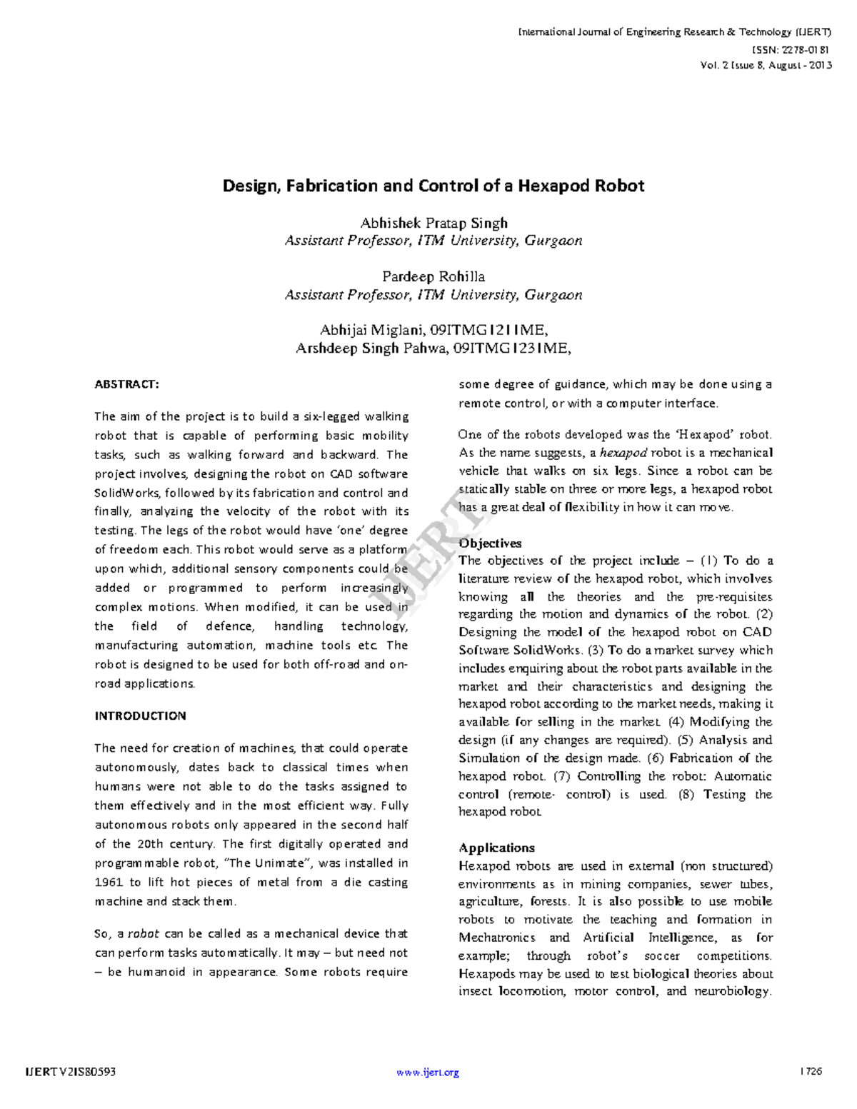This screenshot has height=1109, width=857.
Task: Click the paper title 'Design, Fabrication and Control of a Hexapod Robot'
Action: click(x=433, y=186)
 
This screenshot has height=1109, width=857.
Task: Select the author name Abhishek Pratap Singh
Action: click(x=433, y=223)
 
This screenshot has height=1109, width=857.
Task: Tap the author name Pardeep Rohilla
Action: click(x=433, y=276)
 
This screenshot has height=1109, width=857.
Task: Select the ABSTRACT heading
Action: click(x=126, y=384)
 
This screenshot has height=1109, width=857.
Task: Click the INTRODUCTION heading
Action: click(x=140, y=716)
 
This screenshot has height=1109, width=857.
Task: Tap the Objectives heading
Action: click(x=490, y=543)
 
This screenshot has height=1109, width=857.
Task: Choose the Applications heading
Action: click(x=496, y=848)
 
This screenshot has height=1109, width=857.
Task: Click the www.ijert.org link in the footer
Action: click(x=427, y=1072)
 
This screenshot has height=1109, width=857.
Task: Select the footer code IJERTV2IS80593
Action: click(x=70, y=1072)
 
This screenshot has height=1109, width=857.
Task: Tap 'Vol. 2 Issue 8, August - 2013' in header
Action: click(x=766, y=65)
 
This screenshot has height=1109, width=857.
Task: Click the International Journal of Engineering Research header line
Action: click(x=674, y=32)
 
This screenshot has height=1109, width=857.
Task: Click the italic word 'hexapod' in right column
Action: click(x=623, y=453)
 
